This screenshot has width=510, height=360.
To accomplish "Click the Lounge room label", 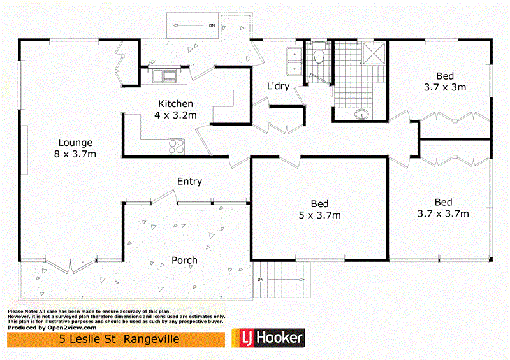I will click(x=76, y=148).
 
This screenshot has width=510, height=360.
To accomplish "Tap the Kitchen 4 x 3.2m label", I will click(x=176, y=109).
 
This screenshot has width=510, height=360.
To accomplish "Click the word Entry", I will click(x=189, y=182).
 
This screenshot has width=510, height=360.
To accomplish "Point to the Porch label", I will click(x=184, y=260).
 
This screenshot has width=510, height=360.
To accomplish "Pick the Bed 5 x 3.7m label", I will click(x=319, y=210).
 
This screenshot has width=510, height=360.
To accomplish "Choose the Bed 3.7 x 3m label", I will click(x=445, y=80).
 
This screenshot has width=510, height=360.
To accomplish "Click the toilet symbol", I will click(x=319, y=57).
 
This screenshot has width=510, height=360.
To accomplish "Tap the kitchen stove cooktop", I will click(x=176, y=147).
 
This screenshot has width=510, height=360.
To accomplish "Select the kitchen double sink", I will click(x=164, y=76).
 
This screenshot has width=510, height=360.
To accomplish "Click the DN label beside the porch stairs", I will click(x=260, y=280).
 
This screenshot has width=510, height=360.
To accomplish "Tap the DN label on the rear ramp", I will click(x=212, y=26).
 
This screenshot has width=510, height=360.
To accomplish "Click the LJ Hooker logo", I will click(x=268, y=338).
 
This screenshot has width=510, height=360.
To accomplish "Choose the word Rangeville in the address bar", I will click(x=152, y=338).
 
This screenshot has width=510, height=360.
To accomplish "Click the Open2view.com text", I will click(x=70, y=328).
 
